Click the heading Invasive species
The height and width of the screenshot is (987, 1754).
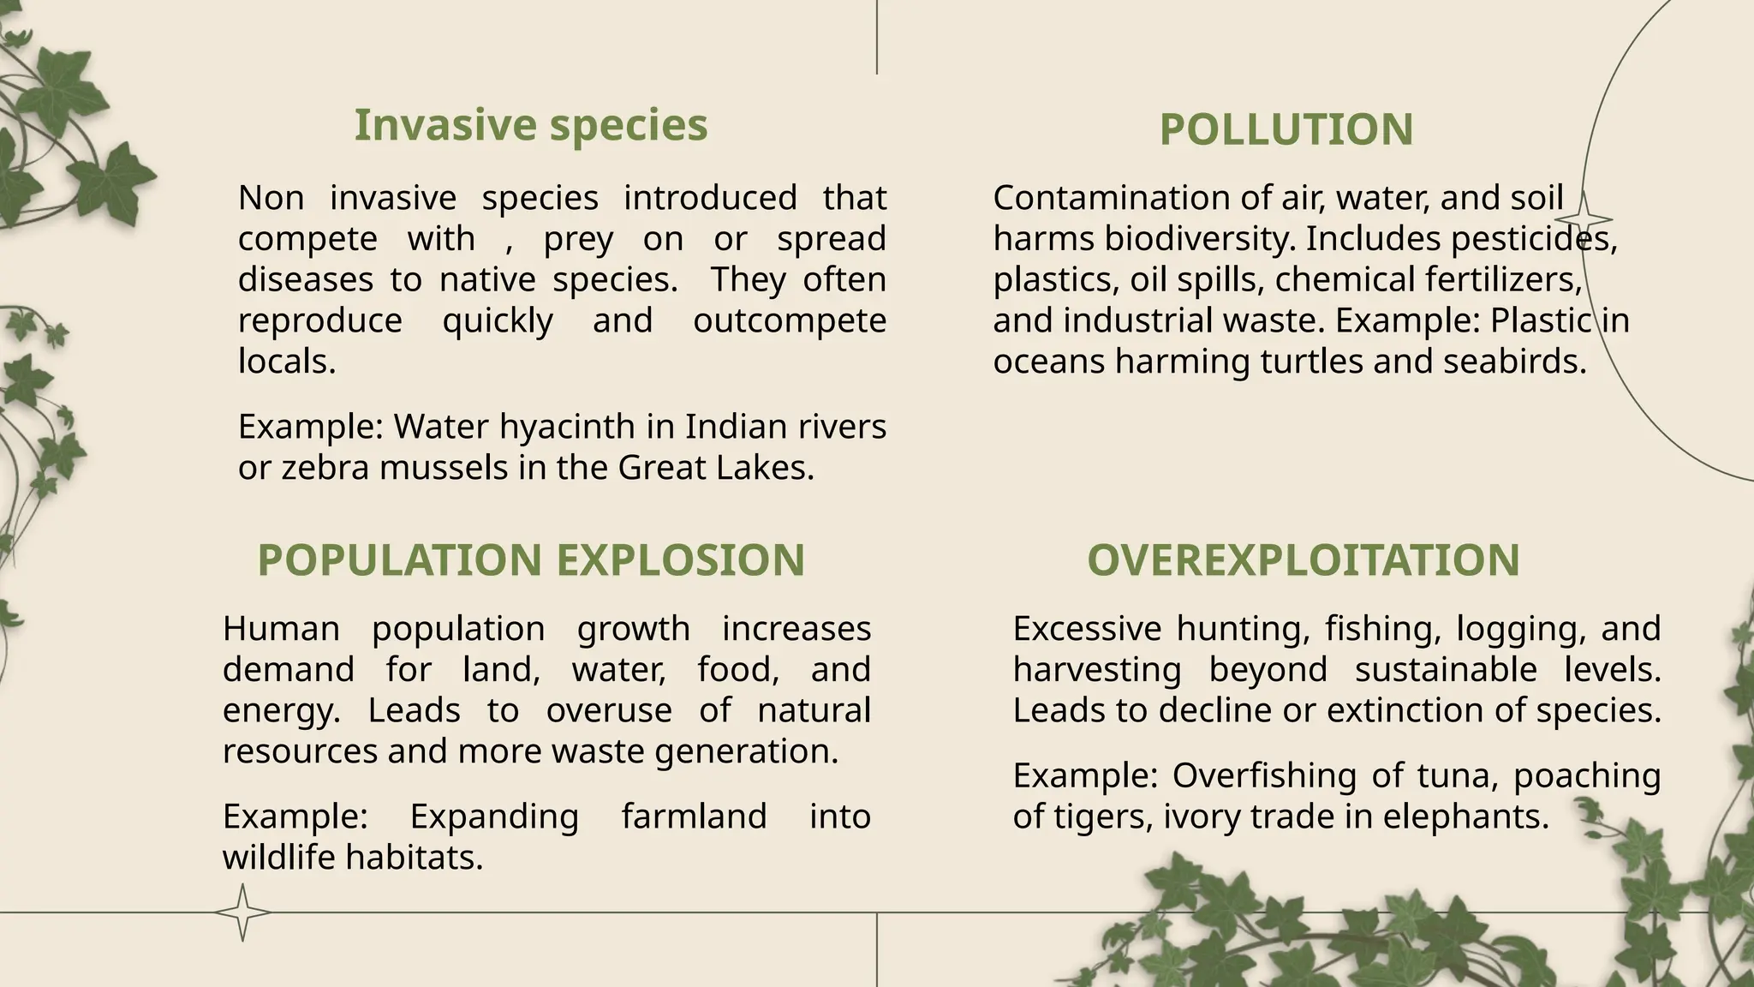coord(531,125)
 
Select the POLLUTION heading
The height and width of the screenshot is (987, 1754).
coord(1286,130)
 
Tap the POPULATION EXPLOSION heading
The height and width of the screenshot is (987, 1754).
coord(531,560)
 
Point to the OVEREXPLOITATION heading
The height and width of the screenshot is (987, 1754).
coord(1303,560)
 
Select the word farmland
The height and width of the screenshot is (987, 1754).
coord(694,817)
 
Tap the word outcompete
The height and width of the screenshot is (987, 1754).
coord(789,321)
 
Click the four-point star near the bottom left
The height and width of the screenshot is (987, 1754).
coord(242,912)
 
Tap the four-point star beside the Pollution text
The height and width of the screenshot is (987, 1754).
coord(1584,219)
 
